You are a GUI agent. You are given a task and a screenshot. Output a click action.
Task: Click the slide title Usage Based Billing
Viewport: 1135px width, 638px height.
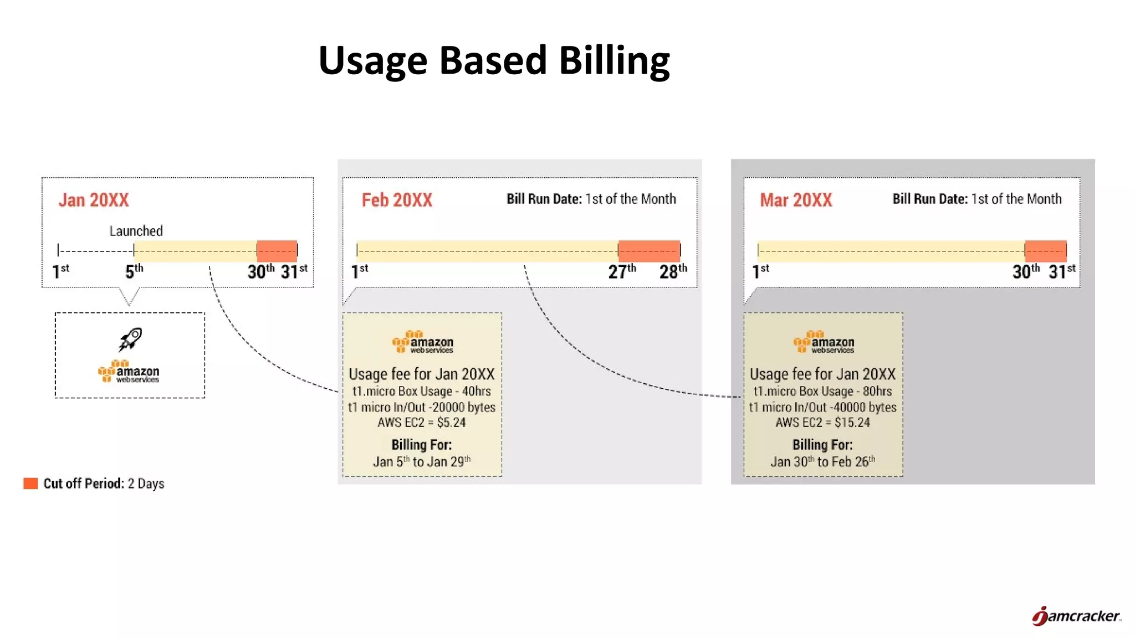494,61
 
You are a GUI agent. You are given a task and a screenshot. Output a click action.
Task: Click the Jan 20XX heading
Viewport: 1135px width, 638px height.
94,200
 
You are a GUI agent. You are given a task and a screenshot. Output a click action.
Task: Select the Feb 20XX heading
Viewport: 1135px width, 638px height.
397,200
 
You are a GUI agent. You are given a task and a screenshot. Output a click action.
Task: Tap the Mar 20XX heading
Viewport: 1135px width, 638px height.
796,200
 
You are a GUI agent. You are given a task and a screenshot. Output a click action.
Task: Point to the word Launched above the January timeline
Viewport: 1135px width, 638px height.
136,231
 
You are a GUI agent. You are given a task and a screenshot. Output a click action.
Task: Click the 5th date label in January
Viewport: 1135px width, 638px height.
134,271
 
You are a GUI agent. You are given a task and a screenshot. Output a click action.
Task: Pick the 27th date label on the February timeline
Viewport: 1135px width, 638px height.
621,271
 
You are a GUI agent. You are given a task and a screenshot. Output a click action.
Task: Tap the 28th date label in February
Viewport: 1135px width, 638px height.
672,271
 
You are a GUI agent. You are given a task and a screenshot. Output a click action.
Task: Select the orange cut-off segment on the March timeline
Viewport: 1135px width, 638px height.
1045,251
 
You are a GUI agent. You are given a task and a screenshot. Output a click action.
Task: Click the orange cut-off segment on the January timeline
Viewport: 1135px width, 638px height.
277,251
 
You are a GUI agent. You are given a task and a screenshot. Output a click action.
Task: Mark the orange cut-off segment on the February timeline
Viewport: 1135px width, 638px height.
649,251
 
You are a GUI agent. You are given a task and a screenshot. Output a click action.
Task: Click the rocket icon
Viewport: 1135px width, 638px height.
130,339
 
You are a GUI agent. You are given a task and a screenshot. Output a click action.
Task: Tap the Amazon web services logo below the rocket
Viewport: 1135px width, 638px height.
129,372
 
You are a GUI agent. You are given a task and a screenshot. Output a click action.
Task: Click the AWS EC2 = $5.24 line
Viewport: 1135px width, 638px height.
421,423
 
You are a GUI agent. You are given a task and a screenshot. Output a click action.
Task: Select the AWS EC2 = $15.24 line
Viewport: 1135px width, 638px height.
822,423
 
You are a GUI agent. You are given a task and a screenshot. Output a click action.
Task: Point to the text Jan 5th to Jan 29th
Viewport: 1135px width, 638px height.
421,461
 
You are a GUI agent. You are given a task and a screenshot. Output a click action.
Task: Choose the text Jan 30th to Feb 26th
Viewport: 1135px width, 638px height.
822,461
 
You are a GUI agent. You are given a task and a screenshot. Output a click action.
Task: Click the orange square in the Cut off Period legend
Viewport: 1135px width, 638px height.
30,483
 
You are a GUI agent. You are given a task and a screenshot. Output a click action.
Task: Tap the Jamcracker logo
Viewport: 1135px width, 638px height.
1076,616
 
